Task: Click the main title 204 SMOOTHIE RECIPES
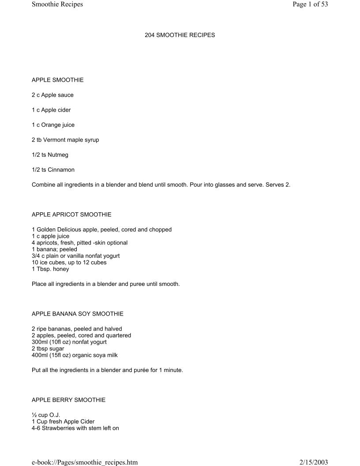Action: click(x=180, y=35)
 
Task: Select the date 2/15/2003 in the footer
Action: click(x=314, y=462)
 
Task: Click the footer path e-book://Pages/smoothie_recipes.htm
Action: click(x=85, y=462)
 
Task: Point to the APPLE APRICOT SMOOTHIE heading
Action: click(x=71, y=214)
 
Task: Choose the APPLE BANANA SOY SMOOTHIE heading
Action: click(x=78, y=314)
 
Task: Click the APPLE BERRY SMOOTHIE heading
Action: click(x=68, y=400)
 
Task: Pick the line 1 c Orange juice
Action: click(x=53, y=125)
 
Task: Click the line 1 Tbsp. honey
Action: click(x=50, y=269)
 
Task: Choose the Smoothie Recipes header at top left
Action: click(x=57, y=5)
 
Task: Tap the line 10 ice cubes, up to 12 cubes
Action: click(x=69, y=263)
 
